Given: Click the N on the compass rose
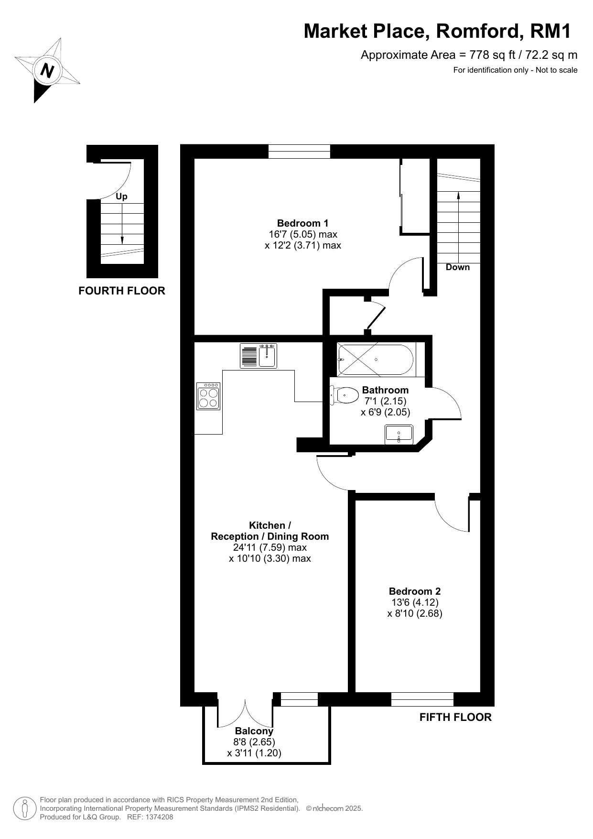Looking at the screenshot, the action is point(47,71).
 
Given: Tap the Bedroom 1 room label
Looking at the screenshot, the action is point(303,223).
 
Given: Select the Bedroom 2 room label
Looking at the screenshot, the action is point(415,591).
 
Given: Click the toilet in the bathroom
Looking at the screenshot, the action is point(345,395).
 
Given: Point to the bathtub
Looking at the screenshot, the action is point(376,360).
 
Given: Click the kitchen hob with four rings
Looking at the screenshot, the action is point(208,396).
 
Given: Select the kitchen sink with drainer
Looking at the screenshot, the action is point(259,356).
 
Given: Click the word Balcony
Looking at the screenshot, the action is point(254,731).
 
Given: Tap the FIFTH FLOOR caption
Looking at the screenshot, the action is point(455,717).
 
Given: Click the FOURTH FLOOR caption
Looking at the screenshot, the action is point(122,291).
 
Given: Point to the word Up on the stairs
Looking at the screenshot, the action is point(122,196).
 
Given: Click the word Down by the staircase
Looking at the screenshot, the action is point(458,267).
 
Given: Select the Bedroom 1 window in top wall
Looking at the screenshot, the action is point(299,151).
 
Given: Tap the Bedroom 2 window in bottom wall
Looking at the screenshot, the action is point(422,699).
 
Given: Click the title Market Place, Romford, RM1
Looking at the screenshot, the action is point(438,31).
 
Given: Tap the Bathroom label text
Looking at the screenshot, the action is point(385,390).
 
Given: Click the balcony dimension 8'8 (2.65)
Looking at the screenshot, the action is point(254,742).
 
